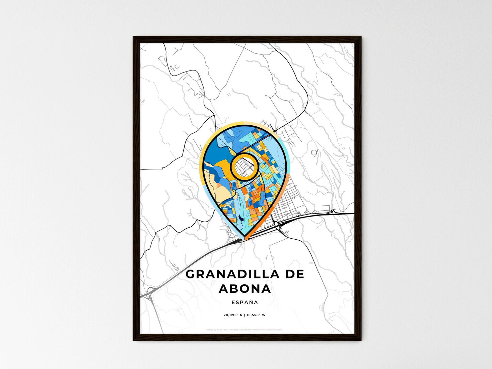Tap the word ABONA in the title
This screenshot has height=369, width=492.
[245, 289]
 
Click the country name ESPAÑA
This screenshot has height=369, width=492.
[245, 302]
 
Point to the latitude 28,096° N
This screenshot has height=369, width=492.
[233, 315]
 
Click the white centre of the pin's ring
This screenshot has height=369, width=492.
[243, 166]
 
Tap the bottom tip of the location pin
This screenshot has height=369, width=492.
[244, 238]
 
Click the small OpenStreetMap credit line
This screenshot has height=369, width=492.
[244, 330]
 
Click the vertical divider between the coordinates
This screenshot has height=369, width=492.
[244, 315]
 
